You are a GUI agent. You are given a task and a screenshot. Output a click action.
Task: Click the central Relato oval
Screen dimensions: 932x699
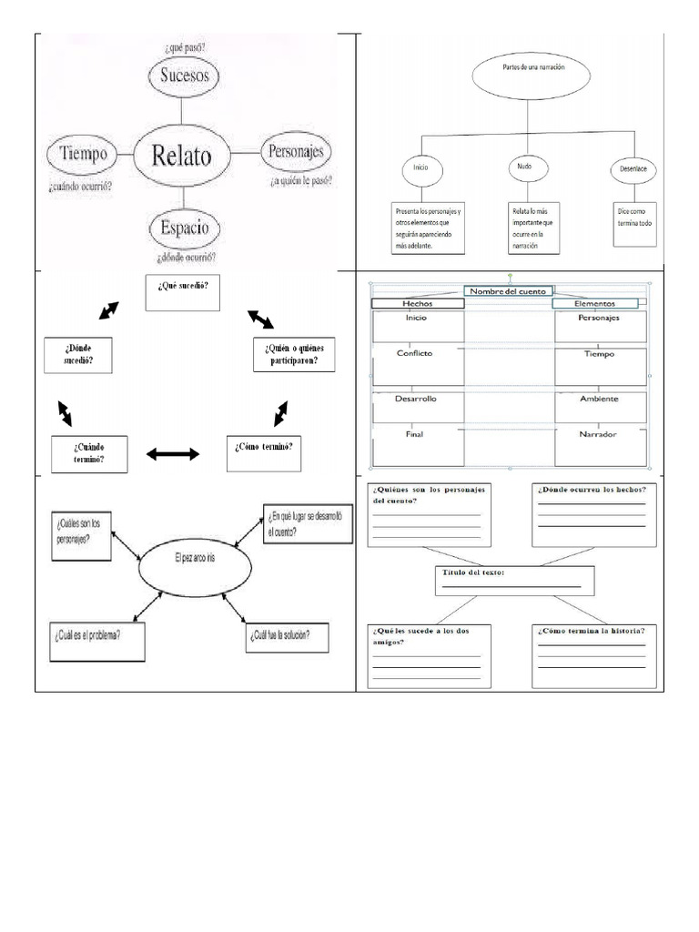coord(183,156)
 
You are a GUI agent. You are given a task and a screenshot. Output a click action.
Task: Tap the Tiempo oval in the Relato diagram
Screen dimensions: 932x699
coord(83,154)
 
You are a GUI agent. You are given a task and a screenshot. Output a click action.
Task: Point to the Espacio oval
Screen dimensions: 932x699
coord(186,227)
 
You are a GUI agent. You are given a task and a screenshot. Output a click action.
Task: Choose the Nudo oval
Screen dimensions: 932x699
coord(524,167)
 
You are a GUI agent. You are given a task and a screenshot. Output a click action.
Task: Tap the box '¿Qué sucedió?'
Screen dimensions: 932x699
coord(182,291)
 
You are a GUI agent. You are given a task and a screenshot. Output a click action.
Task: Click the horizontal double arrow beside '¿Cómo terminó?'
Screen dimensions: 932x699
coord(173,453)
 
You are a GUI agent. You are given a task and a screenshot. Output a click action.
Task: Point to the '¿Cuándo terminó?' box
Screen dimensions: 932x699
coord(89,453)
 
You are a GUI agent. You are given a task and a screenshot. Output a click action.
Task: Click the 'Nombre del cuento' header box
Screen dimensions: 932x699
coord(508,291)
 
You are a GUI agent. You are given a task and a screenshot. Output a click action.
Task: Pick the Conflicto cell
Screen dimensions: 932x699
coord(417,361)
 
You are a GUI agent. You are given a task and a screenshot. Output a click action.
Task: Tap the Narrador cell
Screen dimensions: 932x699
coord(600,442)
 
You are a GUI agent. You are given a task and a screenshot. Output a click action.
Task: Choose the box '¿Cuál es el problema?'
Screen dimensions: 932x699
coord(97,640)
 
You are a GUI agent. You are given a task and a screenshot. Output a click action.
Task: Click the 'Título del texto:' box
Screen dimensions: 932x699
coord(514,580)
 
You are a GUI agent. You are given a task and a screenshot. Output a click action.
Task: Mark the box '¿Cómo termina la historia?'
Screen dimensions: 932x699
coord(593,655)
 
